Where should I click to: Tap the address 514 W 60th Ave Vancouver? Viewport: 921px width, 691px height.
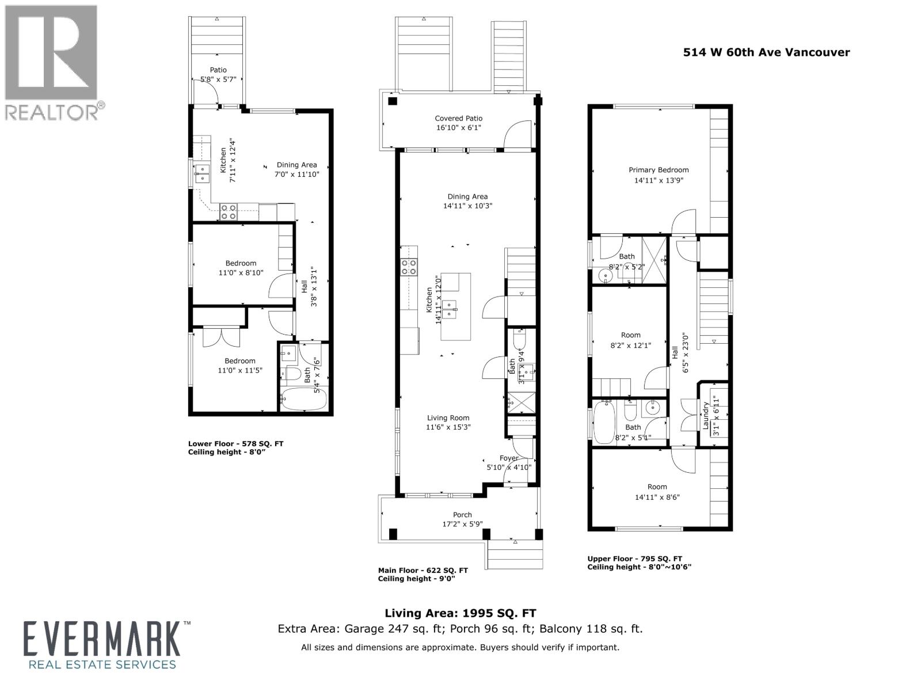click(766, 52)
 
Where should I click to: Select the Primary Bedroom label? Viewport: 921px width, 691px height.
click(659, 170)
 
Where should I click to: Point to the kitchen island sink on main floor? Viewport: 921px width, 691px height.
click(449, 309)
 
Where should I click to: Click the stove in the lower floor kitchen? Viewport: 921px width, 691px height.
click(228, 212)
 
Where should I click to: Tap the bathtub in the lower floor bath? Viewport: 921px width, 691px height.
click(303, 399)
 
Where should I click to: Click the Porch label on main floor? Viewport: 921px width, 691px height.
click(462, 515)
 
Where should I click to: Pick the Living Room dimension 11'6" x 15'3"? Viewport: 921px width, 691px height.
click(448, 427)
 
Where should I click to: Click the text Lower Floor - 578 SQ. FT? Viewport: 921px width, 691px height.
click(235, 443)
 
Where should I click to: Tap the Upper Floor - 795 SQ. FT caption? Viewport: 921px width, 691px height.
click(634, 559)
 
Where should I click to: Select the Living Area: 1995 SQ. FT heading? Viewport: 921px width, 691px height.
click(460, 613)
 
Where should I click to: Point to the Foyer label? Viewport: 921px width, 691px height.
click(509, 458)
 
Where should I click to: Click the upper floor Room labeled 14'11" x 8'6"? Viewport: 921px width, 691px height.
click(657, 492)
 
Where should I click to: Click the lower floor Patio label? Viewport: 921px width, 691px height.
click(218, 70)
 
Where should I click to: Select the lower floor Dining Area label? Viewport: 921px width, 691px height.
click(296, 165)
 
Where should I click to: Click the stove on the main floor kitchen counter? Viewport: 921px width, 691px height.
click(409, 267)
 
